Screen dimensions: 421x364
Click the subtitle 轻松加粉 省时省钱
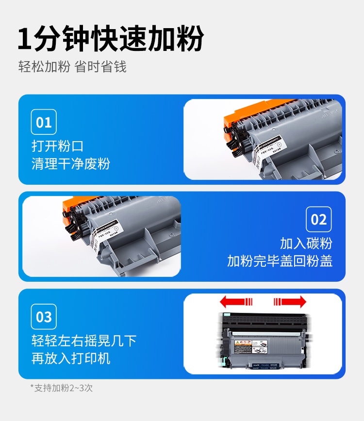pyautogui.click(x=72, y=66)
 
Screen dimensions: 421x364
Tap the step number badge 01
pyautogui.click(x=44, y=122)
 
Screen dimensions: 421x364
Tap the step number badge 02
pyautogui.click(x=318, y=219)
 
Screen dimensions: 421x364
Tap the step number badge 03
pyautogui.click(x=44, y=317)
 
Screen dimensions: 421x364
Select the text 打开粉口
pyautogui.click(x=58, y=146)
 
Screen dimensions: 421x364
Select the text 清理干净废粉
pyautogui.click(x=71, y=163)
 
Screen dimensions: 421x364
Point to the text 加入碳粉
pyautogui.click(x=306, y=243)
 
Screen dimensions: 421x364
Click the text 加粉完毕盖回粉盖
pyautogui.click(x=280, y=261)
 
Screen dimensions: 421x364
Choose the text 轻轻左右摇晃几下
pyautogui.click(x=84, y=340)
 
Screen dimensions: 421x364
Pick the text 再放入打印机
pyautogui.click(x=71, y=358)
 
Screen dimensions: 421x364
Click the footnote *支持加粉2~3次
pyautogui.click(x=61, y=388)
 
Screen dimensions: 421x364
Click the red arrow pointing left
pyautogui.click(x=236, y=302)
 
